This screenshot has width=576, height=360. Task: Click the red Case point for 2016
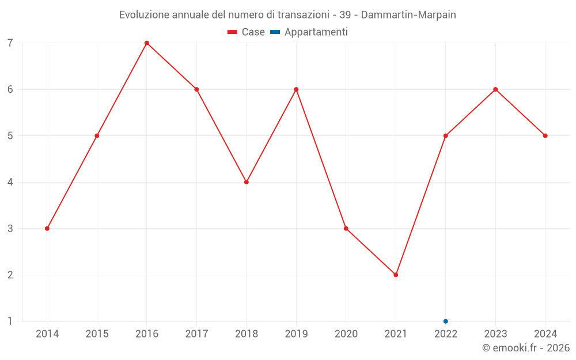point(147,43)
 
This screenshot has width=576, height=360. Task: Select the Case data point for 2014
point(47,229)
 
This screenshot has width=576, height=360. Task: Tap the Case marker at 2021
point(396,275)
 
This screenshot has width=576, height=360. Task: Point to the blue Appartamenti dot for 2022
point(446,321)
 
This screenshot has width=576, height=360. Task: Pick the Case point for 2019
point(296,89)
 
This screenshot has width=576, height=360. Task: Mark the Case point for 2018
point(247,182)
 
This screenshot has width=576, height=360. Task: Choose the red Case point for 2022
point(446,136)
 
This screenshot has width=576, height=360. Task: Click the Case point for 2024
point(545,136)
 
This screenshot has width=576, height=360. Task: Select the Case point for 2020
point(346,229)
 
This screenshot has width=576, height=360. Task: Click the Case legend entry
point(246,32)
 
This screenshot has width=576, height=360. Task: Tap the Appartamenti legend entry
point(309,32)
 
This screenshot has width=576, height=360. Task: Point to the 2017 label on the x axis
point(196,334)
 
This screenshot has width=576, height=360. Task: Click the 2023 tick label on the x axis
point(495,334)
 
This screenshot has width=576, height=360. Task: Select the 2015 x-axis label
point(97,334)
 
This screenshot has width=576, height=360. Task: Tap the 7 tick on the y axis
point(10,43)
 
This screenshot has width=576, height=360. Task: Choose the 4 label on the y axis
point(10,182)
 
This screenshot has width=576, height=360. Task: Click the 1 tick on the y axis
point(10,321)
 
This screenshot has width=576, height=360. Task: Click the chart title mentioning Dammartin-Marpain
point(287,15)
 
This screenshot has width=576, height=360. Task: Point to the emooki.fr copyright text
point(526,348)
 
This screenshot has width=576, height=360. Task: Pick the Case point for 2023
point(495,89)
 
